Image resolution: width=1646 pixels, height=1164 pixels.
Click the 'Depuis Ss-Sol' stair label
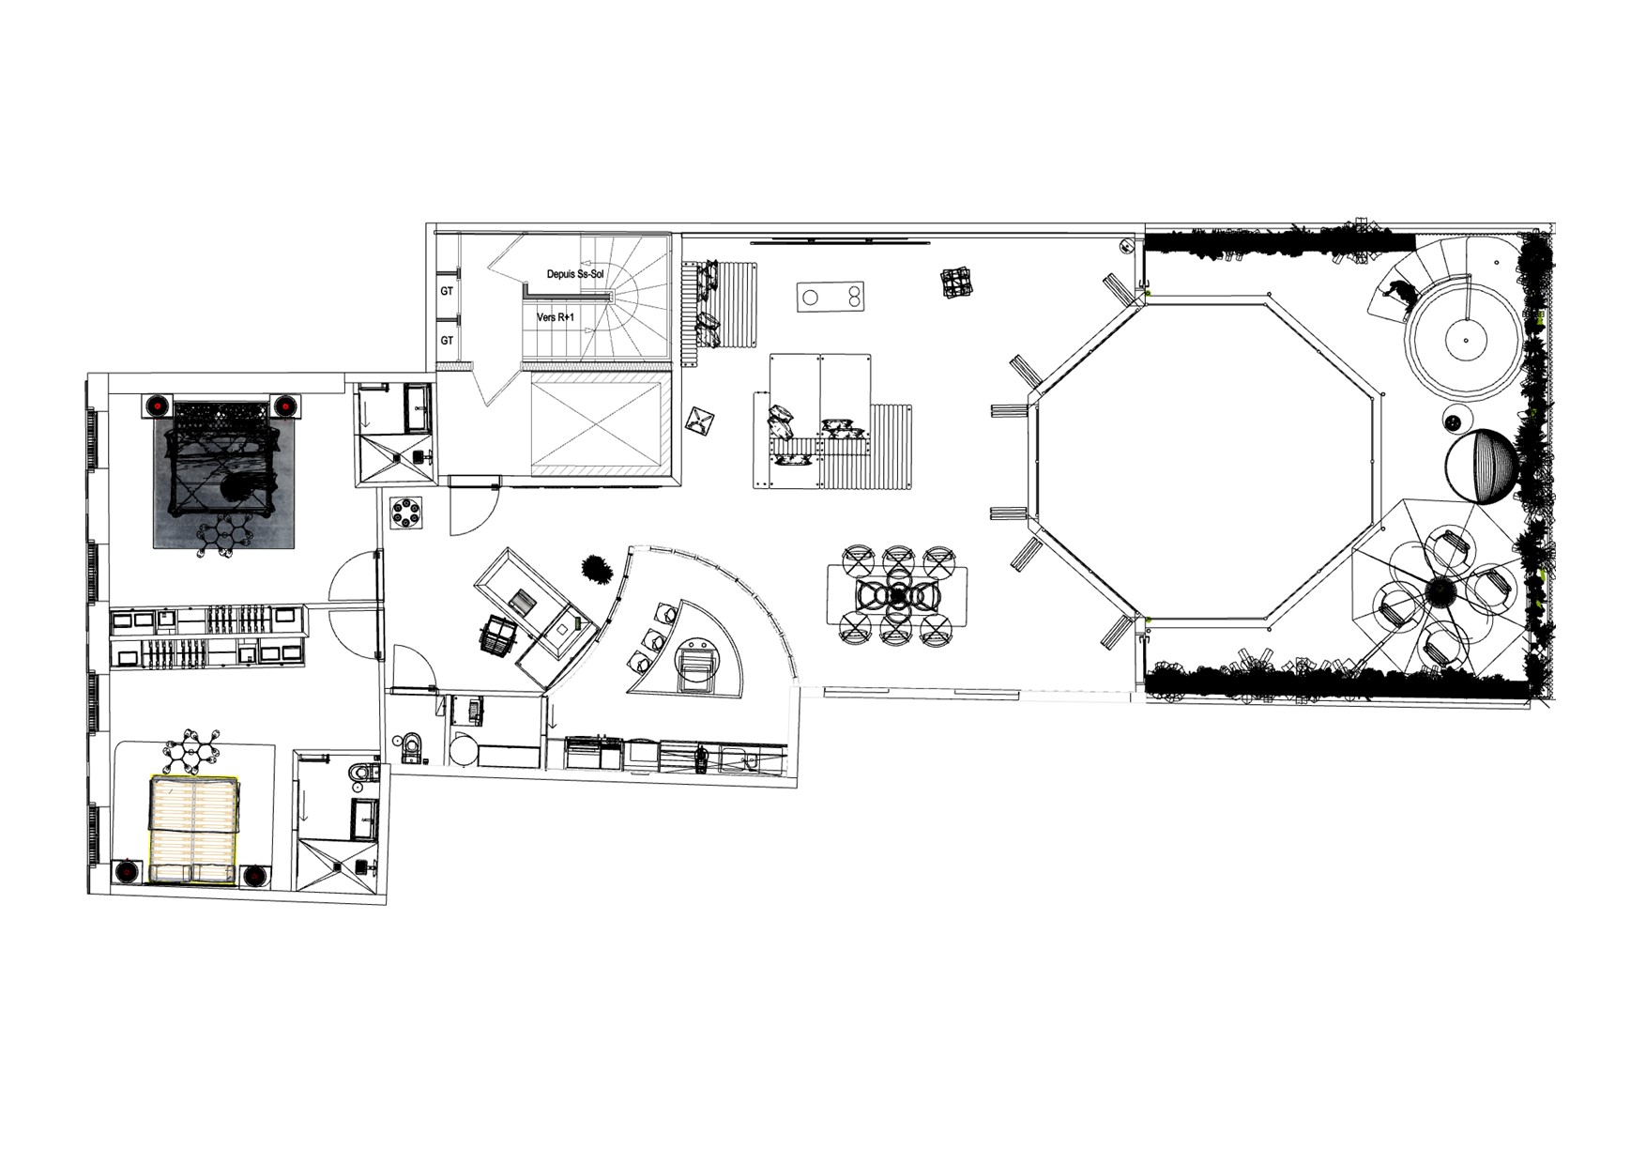pyautogui.click(x=574, y=274)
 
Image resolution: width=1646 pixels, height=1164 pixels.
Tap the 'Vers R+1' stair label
pyautogui.click(x=556, y=317)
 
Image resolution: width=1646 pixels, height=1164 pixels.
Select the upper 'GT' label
pyautogui.click(x=447, y=291)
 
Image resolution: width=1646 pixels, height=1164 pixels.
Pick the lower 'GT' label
pyautogui.click(x=447, y=340)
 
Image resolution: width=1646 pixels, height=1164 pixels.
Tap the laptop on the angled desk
pyautogui.click(x=522, y=599)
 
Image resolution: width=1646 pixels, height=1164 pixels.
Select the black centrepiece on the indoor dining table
pyautogui.click(x=899, y=594)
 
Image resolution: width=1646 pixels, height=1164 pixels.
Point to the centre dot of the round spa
pyautogui.click(x=1462, y=334)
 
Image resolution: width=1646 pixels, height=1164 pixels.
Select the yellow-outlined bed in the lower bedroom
pyautogui.click(x=193, y=830)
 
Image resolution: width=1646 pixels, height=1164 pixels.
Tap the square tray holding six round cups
pyautogui.click(x=408, y=513)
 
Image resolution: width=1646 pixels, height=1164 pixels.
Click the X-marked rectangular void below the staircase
pyautogui.click(x=594, y=423)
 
